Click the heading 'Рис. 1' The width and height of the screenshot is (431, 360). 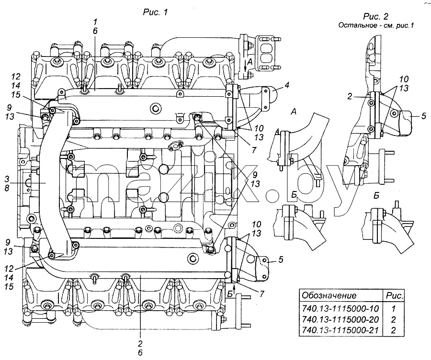(155, 12)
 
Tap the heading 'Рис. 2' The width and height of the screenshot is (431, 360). (375, 16)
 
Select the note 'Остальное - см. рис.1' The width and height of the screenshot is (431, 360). (376, 25)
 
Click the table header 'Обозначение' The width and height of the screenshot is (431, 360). (329, 295)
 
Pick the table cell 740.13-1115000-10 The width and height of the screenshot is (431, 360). (340, 308)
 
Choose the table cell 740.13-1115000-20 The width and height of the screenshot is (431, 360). (340, 319)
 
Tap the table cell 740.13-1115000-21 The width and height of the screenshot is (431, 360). (340, 330)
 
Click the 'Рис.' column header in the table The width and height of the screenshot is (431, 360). (395, 296)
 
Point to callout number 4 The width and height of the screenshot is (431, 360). (287, 85)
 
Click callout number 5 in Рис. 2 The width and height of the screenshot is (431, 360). (423, 116)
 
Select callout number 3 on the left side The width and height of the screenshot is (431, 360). (7, 179)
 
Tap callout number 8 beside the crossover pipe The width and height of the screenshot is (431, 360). (7, 188)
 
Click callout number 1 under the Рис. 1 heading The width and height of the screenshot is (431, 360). (95, 22)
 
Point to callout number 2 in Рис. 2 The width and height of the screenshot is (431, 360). (350, 97)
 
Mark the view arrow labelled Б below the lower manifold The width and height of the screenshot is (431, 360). (234, 289)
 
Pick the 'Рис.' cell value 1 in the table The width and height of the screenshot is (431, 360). (393, 308)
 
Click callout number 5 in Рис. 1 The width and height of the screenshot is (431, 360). (280, 259)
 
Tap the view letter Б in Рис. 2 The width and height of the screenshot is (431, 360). (376, 195)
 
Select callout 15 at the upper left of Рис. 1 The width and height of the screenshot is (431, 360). (16, 95)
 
